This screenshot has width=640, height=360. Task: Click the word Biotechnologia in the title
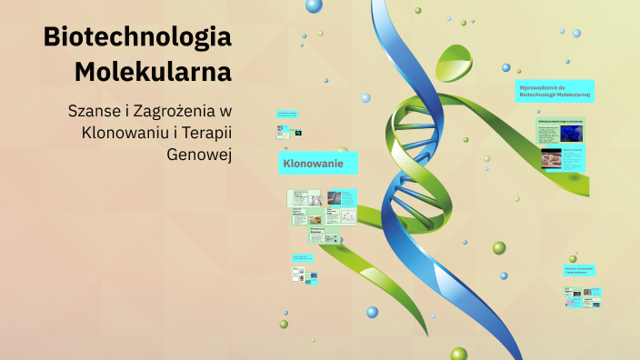tap(136, 37)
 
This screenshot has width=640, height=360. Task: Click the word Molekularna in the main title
tap(152, 71)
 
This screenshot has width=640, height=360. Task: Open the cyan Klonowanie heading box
tap(317, 163)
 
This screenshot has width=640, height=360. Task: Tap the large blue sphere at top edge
tap(314, 5)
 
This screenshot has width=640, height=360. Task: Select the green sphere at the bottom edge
tap(458, 354)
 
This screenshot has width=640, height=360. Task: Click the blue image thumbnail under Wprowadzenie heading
tap(572, 134)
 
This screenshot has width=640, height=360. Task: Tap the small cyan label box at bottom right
tap(579, 270)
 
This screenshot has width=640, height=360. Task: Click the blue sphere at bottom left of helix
tap(372, 312)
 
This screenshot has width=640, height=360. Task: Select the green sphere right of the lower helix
tap(499, 247)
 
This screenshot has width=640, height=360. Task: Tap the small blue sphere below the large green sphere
tap(503, 275)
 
